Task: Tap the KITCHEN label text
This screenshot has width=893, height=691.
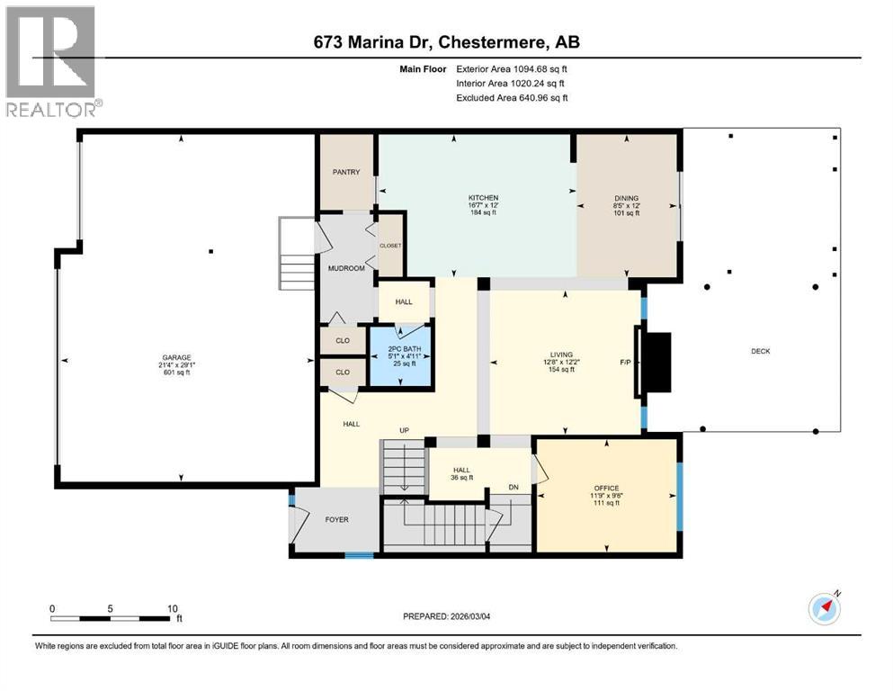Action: click(x=483, y=197)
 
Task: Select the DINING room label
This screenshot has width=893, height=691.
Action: click(x=626, y=198)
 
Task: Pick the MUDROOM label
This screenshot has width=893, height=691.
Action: click(x=345, y=268)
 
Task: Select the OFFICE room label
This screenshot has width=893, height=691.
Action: click(x=606, y=488)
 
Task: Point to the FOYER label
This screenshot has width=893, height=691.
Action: click(x=336, y=519)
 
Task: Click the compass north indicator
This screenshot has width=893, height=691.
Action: click(x=826, y=607)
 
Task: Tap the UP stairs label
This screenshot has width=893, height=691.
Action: click(x=405, y=431)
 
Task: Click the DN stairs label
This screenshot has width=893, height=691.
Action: click(x=513, y=488)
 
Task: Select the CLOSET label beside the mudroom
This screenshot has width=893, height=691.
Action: click(x=390, y=245)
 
